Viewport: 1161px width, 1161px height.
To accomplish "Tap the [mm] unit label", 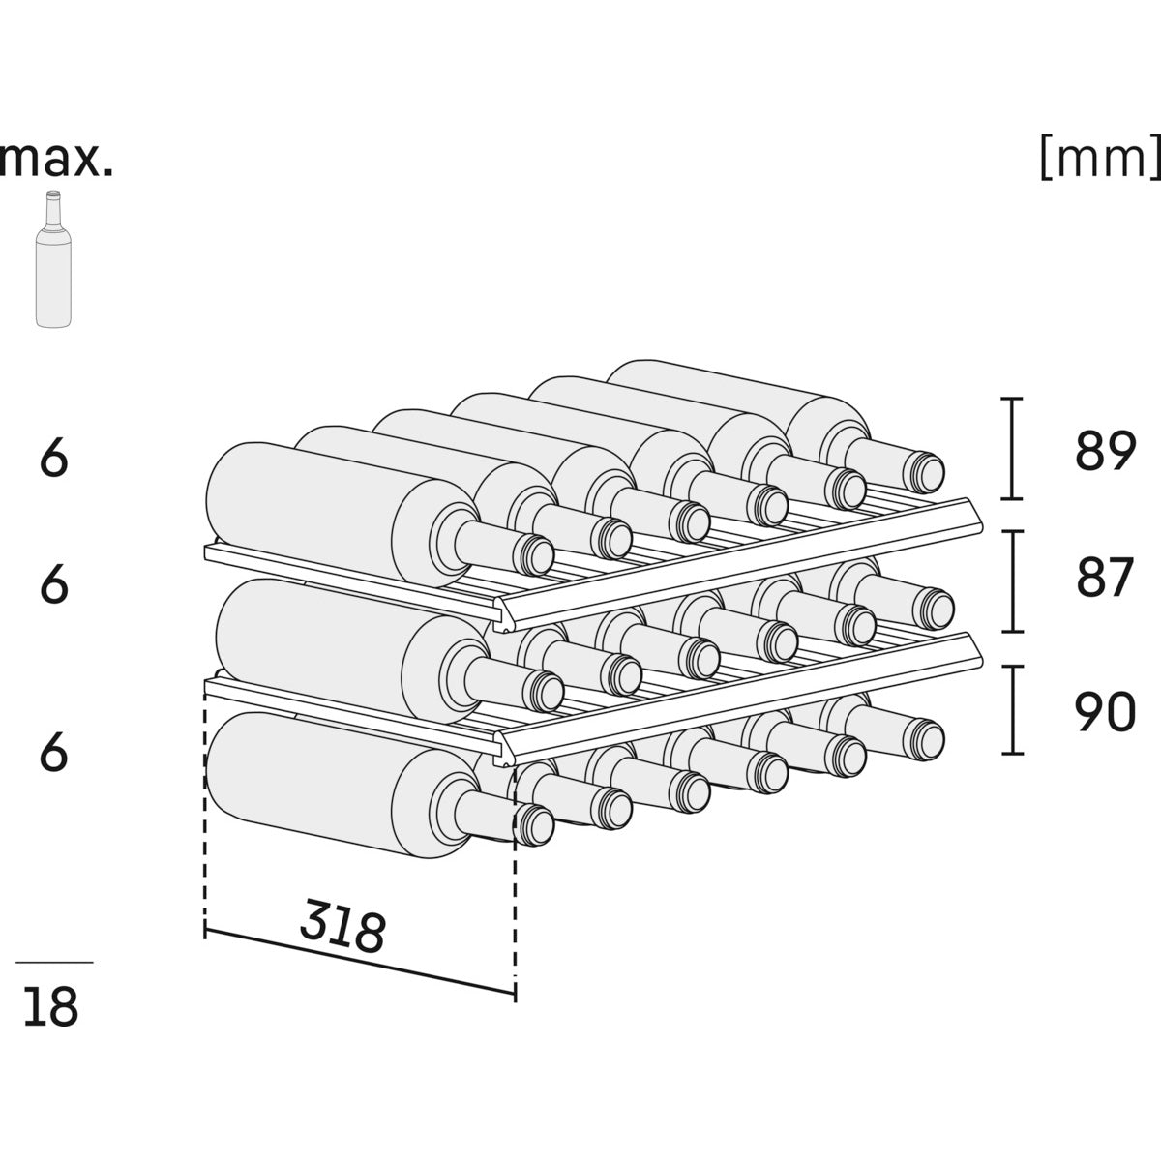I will point(1099,158).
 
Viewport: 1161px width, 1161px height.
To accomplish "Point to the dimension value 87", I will point(1104,579).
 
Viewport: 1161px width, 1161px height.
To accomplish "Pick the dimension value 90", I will point(1104,712).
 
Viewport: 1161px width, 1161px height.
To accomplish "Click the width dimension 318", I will point(342,926).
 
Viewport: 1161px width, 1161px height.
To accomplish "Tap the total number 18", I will point(51,1007).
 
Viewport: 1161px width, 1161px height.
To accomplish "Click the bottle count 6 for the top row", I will point(54,459).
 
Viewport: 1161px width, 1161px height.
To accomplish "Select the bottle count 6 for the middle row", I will point(54,584).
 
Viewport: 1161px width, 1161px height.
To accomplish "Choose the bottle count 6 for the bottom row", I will point(54,752).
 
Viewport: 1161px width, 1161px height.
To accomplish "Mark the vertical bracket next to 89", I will point(1012,449).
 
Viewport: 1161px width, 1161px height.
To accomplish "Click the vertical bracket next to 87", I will point(1012,580).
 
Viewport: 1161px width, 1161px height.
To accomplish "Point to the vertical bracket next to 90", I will point(1012,709).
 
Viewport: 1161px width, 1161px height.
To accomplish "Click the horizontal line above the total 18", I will point(54,962).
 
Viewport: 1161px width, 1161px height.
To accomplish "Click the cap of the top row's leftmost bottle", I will point(535,553).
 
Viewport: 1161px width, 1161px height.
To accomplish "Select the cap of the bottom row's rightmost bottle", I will point(927,738).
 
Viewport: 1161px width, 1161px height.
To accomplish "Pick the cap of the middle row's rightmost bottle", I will point(935,607).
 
